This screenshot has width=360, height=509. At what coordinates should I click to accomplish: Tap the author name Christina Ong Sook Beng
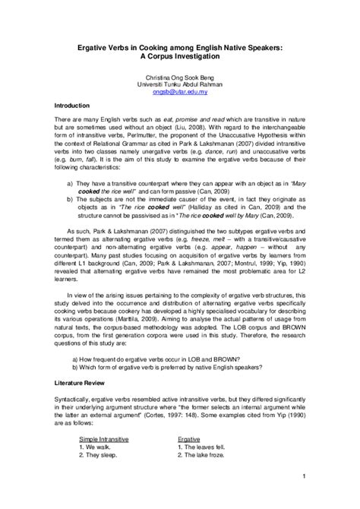coord(179,77)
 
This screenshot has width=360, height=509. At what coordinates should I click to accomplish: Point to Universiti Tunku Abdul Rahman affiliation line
coord(179,84)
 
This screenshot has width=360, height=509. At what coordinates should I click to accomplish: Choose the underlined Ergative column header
coord(188,418)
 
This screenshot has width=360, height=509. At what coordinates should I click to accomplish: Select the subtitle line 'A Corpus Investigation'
coord(179,55)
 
